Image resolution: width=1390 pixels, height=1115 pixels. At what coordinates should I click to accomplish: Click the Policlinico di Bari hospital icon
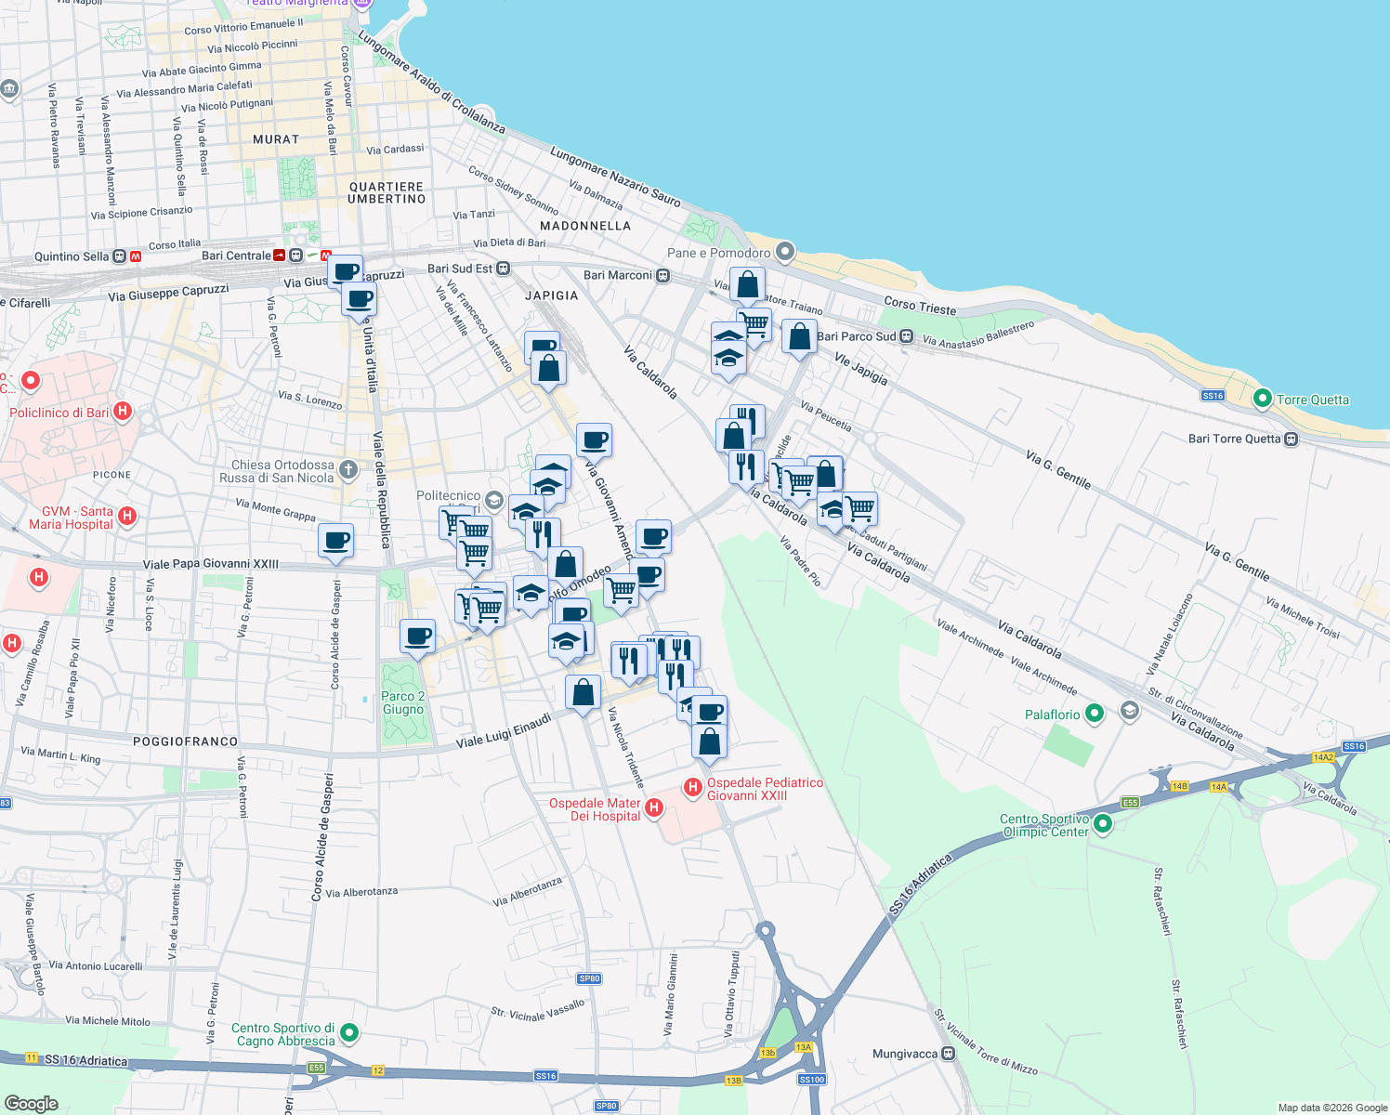click(122, 412)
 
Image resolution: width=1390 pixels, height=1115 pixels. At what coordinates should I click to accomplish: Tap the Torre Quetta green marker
click(1262, 399)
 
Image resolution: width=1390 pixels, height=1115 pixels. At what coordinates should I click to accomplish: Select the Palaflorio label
click(1052, 715)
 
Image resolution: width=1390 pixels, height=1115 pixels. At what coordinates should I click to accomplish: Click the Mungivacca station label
click(904, 1054)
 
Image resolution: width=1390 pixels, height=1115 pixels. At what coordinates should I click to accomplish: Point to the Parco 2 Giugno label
click(402, 702)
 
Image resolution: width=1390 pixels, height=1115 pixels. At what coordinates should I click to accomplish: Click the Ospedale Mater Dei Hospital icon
click(654, 807)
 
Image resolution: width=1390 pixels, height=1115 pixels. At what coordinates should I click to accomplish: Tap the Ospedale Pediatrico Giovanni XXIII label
click(765, 789)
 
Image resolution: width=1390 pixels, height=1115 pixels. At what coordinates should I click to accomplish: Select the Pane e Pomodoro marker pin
click(785, 252)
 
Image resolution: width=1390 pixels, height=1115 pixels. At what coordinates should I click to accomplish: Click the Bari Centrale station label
click(236, 256)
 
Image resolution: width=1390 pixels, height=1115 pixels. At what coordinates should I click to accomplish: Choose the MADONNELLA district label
click(585, 226)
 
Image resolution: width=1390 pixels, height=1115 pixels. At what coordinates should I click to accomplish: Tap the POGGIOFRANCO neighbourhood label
click(185, 741)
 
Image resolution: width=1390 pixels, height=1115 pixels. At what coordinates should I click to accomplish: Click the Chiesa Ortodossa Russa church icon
click(348, 469)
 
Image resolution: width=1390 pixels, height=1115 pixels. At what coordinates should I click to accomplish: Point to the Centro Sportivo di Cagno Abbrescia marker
click(349, 1032)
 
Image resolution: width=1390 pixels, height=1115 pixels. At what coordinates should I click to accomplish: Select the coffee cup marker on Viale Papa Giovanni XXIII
click(335, 540)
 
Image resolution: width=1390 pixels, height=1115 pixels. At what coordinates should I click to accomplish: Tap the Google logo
click(31, 1103)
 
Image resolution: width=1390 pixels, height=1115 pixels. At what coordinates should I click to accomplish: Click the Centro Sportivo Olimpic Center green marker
click(1103, 823)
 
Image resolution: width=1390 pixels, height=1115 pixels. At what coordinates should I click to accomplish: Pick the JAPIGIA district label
click(552, 295)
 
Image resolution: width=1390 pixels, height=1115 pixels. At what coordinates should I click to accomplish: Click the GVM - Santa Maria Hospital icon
click(128, 516)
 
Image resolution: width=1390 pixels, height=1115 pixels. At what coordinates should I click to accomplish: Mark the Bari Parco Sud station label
click(856, 336)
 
